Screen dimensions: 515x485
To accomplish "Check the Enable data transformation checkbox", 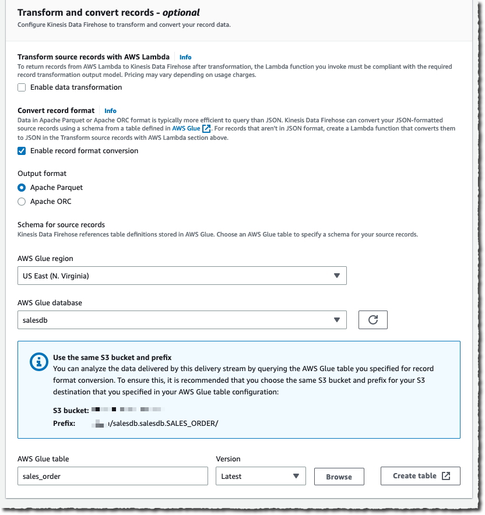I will click(x=22, y=87).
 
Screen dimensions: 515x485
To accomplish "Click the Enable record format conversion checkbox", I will click(x=22, y=151).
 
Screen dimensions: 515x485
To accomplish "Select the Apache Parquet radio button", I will click(x=22, y=188).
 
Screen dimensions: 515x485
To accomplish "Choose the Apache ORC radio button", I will click(x=22, y=202).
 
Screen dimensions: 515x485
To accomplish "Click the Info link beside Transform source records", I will click(x=185, y=57).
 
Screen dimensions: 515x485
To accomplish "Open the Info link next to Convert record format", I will click(x=110, y=111).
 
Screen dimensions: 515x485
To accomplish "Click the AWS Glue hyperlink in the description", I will click(x=187, y=128).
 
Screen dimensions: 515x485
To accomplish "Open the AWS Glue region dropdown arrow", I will click(x=336, y=276).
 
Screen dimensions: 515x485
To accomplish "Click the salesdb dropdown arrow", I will click(x=336, y=320).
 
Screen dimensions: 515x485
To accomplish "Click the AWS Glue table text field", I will click(x=113, y=476).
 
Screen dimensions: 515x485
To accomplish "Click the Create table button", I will click(x=420, y=476).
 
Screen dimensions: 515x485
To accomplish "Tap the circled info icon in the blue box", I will click(x=39, y=362).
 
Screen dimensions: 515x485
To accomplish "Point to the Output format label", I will click(x=42, y=174).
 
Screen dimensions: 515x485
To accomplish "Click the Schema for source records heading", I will click(x=61, y=224).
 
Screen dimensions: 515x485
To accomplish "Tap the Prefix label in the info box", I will click(x=64, y=423).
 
